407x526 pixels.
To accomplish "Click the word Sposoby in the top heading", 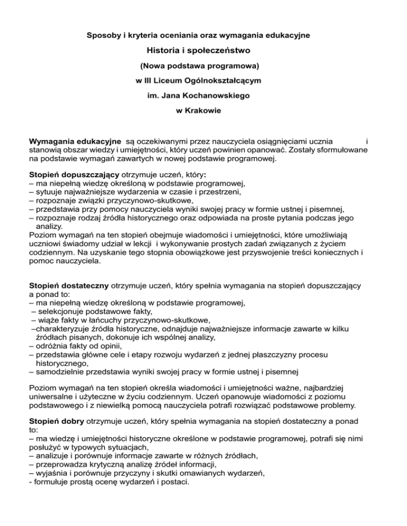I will [102, 35].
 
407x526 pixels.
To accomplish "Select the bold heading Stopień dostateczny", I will [69, 286].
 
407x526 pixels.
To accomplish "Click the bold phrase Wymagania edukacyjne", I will [75, 142].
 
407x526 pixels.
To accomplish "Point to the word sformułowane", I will [343, 150].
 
